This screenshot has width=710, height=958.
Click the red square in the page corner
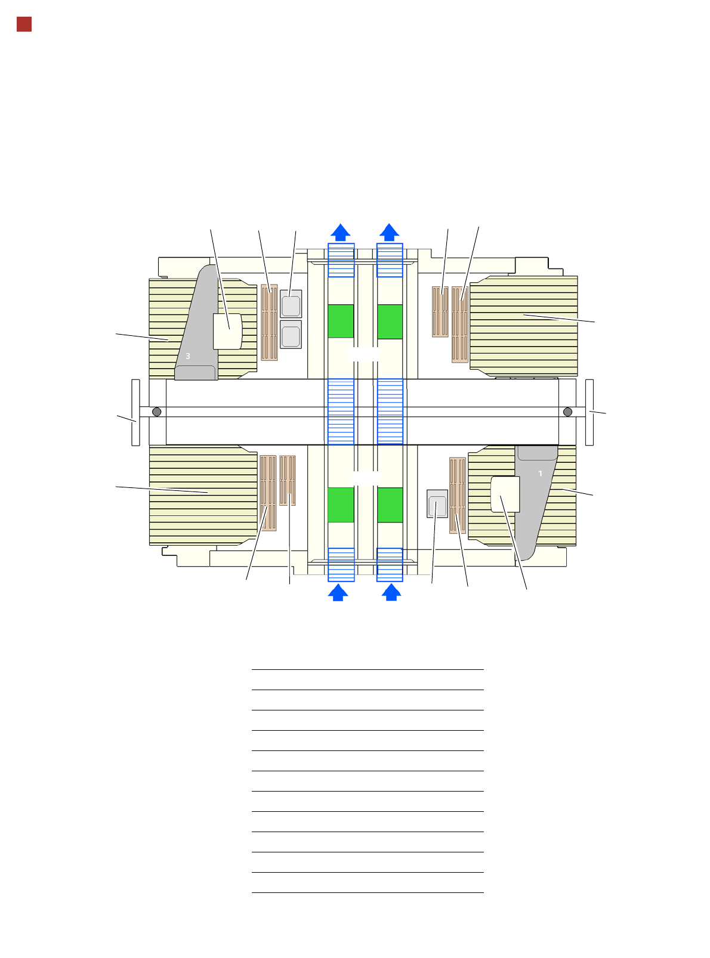pos(24,24)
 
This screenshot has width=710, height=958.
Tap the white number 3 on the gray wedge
pos(187,356)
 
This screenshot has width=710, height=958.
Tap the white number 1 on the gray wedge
pos(540,474)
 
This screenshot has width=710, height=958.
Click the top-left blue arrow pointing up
pos(340,232)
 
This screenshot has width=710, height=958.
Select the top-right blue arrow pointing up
pos(389,232)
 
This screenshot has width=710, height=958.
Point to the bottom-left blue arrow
pos(338,592)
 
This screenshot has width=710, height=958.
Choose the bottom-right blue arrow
pos(391,592)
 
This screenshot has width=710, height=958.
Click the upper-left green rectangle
pos(341,321)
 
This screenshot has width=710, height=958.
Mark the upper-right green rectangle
pos(390,322)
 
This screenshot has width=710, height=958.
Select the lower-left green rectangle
pos(341,505)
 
